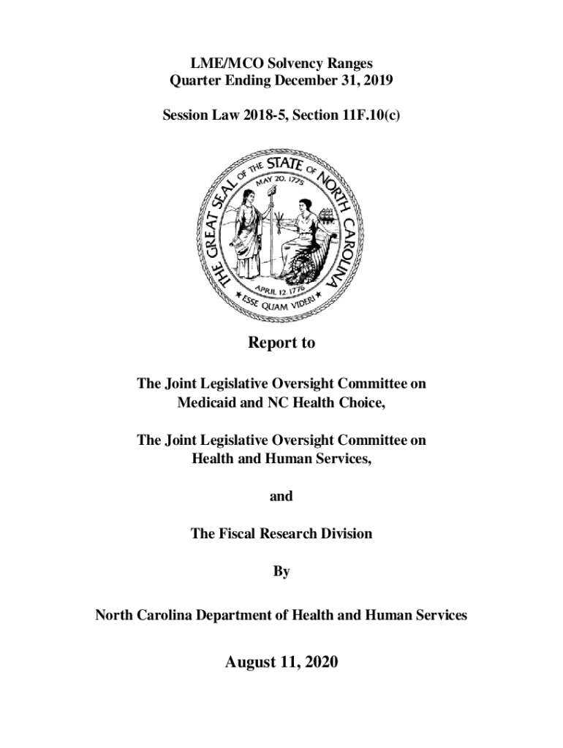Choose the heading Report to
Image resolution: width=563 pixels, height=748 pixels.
pyautogui.click(x=281, y=343)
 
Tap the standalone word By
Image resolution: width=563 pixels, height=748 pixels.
pyautogui.click(x=281, y=572)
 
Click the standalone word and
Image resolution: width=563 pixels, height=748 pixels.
pyautogui.click(x=281, y=496)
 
